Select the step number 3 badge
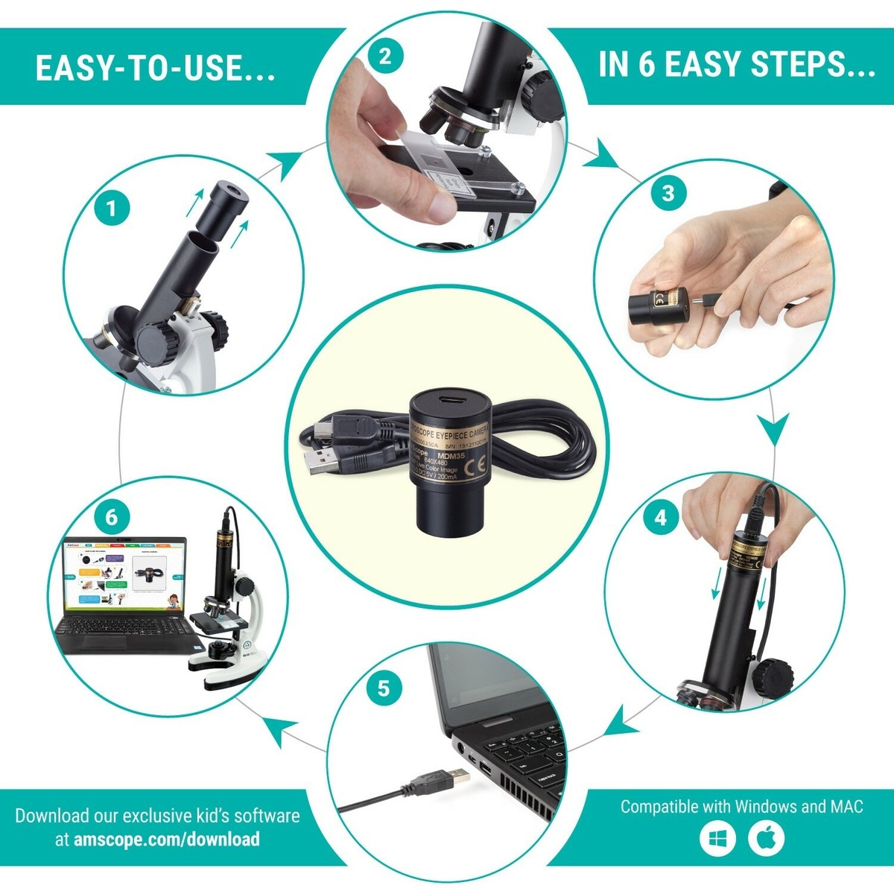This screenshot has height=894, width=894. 668,193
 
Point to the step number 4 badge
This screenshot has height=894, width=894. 661,516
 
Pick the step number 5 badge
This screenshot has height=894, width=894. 384,688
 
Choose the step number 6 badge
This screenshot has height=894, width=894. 112,516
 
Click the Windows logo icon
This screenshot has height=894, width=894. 717,839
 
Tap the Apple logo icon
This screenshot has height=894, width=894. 767,839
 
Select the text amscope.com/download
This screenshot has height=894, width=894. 167,839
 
